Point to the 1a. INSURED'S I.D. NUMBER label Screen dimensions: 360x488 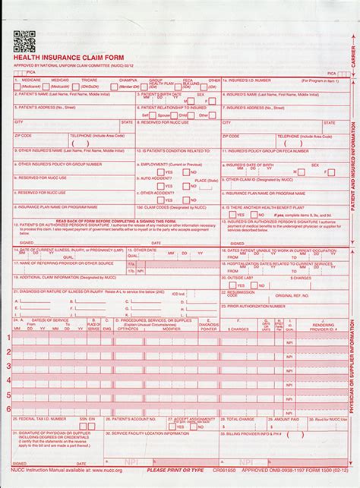pos(251,79)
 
